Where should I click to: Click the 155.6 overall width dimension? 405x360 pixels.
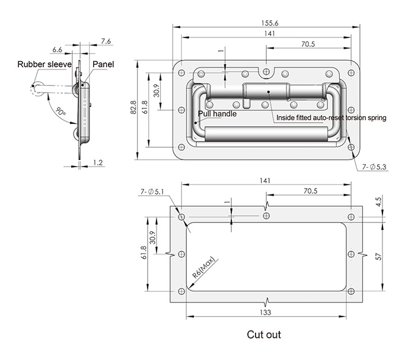click(270, 23)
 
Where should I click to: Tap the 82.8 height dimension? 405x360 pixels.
click(133, 107)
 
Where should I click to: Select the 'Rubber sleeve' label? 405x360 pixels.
click(44, 64)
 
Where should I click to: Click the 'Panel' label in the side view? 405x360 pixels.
click(103, 64)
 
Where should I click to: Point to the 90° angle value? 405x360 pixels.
click(61, 111)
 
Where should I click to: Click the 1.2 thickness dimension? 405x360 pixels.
click(98, 163)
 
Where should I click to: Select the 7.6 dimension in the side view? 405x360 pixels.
click(106, 41)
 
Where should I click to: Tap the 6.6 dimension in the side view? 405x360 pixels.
click(57, 49)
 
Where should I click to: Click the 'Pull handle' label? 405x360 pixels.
click(217, 114)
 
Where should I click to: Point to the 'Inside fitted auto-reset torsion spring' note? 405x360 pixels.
click(331, 118)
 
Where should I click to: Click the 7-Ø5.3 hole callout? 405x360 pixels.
click(374, 167)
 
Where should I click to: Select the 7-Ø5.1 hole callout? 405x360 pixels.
click(152, 192)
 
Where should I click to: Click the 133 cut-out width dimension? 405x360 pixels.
click(265, 312)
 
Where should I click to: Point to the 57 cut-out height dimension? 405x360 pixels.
click(378, 257)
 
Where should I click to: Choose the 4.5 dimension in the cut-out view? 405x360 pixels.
click(378, 202)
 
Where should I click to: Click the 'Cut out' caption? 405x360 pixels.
click(264, 334)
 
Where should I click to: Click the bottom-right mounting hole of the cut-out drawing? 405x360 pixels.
click(351, 292)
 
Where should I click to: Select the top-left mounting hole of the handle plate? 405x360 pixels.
click(181, 73)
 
